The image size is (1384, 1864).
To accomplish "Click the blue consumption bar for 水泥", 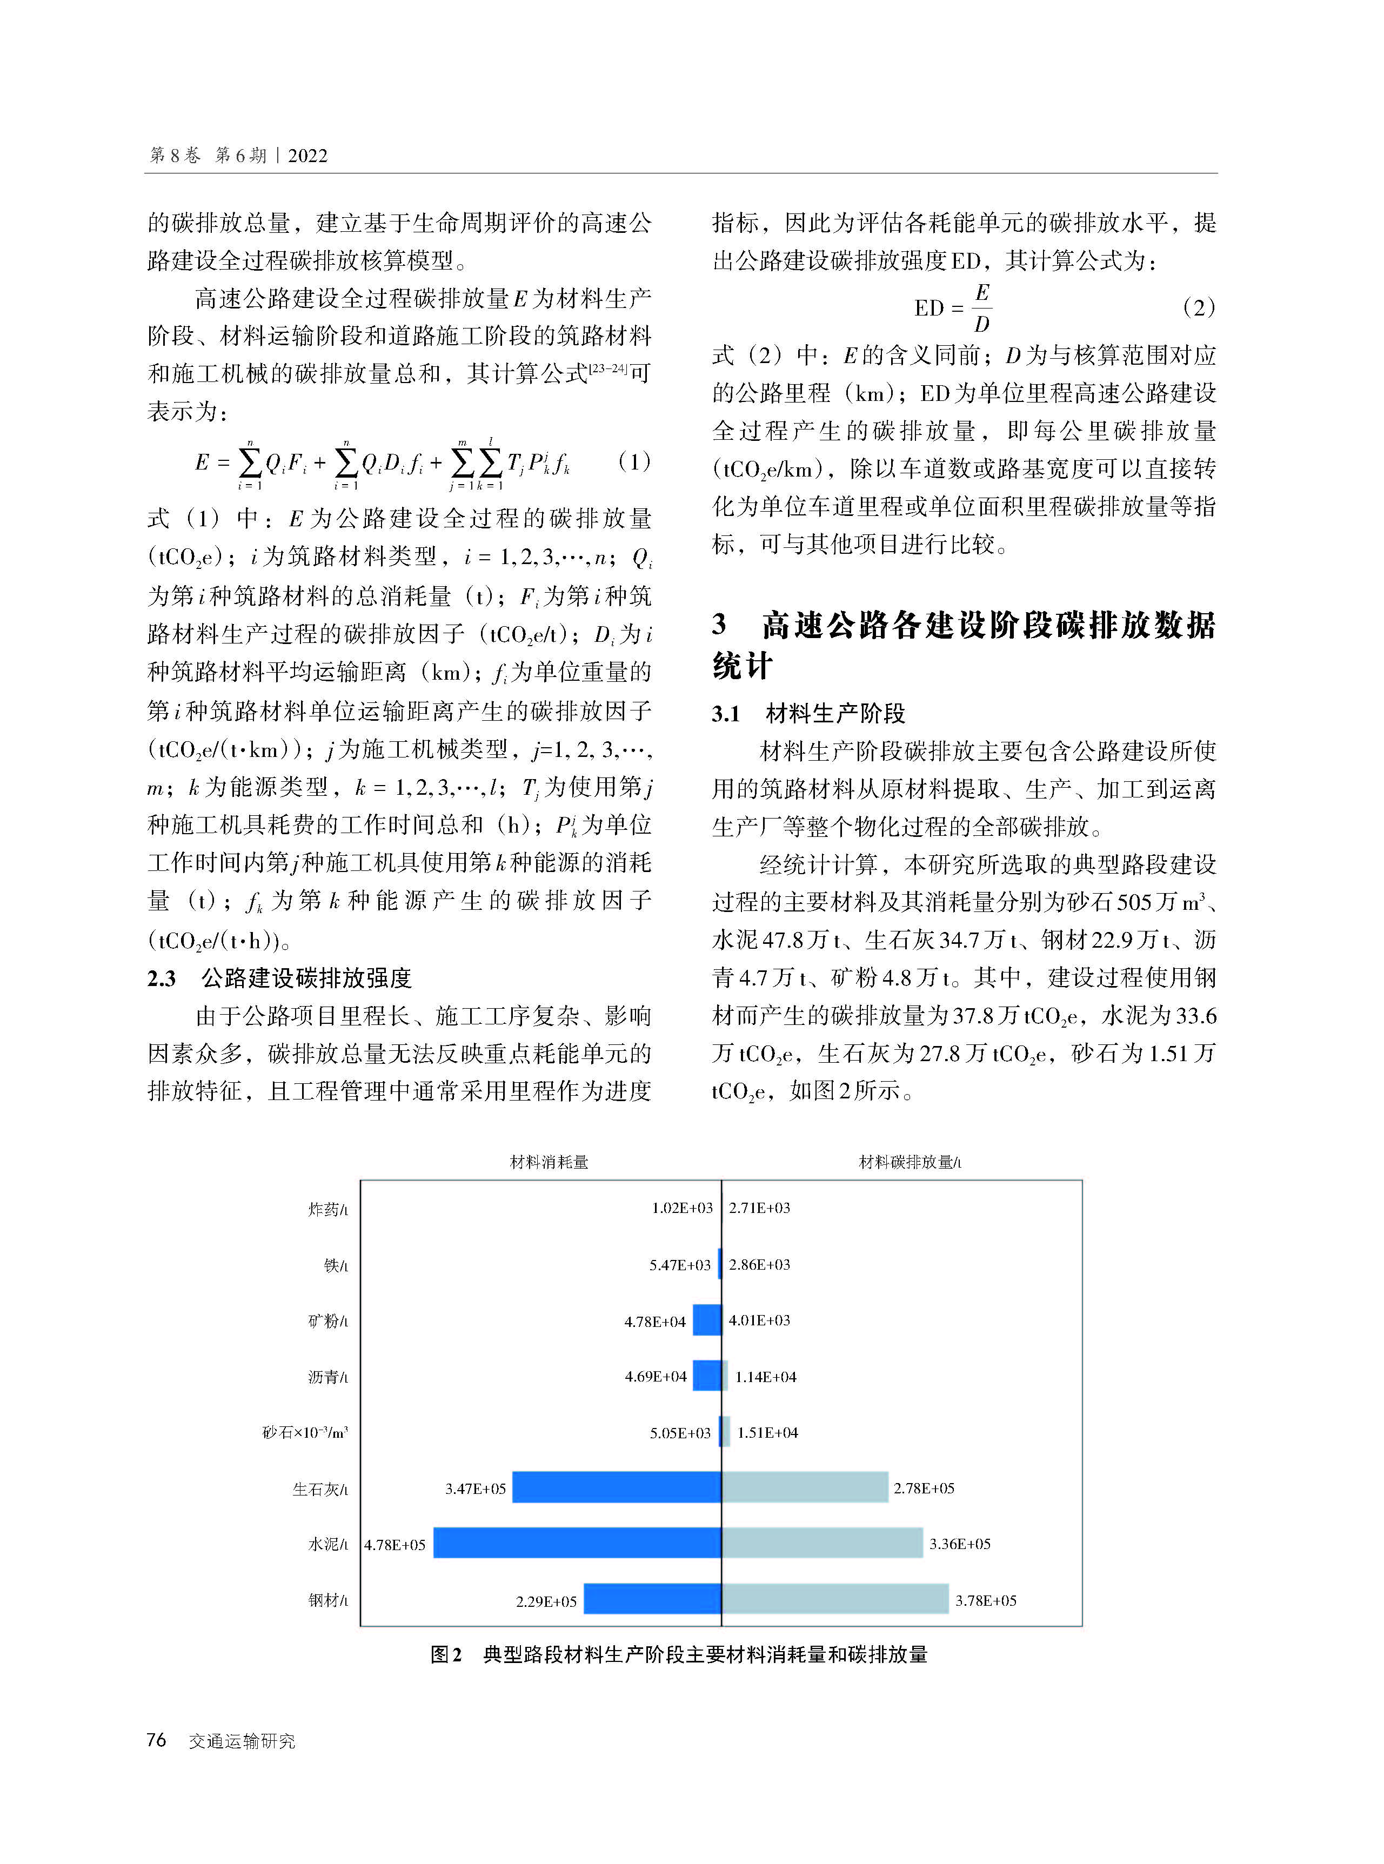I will click(x=577, y=1543).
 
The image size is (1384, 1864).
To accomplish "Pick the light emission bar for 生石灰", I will click(x=804, y=1487).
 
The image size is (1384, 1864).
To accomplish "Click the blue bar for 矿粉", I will click(x=706, y=1320).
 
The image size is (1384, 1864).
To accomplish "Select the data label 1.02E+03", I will click(x=682, y=1208).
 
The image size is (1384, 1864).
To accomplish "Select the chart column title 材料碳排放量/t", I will click(x=910, y=1162).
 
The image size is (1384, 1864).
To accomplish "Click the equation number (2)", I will click(x=1198, y=307).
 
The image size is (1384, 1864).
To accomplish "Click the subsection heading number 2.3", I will click(x=162, y=977).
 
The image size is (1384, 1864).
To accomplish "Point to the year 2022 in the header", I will click(x=307, y=156).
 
